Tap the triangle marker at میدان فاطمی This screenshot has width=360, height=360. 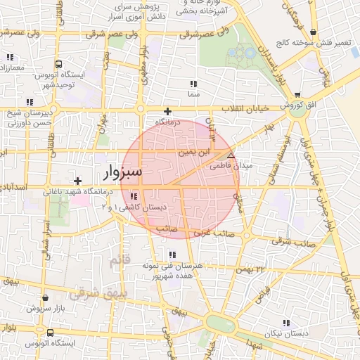click(231, 155)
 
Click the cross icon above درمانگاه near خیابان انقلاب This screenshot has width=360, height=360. click(167, 111)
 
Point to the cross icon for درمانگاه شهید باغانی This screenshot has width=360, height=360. click(77, 181)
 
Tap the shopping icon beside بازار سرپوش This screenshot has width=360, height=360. click(30, 308)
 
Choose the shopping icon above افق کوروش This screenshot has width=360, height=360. click(297, 95)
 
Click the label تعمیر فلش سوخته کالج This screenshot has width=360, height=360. click(333, 43)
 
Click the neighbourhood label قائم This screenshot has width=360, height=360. click(120, 262)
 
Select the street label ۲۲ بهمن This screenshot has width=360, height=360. click(254, 269)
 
